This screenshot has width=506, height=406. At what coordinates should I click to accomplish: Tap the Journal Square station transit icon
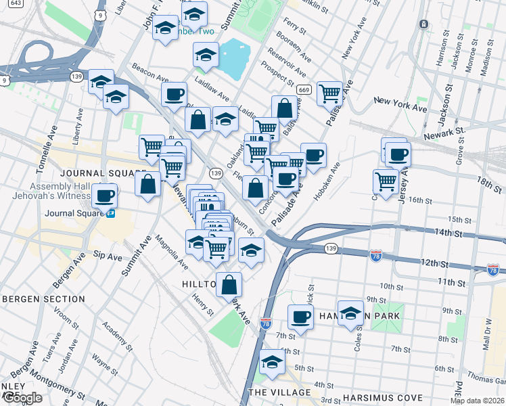pyautogui.click(x=110, y=213)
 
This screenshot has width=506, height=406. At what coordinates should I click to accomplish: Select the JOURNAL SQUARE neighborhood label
pyautogui.click(x=103, y=173)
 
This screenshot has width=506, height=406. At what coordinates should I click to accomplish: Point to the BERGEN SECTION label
pyautogui.click(x=43, y=298)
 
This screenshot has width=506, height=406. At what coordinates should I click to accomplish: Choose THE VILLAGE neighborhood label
pyautogui.click(x=279, y=392)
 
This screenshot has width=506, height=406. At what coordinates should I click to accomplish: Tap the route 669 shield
pyautogui.click(x=304, y=90)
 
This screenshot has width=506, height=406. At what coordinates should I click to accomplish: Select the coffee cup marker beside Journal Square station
pyautogui.click(x=104, y=196)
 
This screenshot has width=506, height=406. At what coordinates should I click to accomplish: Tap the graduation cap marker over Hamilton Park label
pyautogui.click(x=350, y=313)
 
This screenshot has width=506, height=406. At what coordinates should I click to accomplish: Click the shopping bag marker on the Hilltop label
pyautogui.click(x=229, y=283)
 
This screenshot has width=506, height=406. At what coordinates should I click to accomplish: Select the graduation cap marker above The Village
pyautogui.click(x=272, y=363)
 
